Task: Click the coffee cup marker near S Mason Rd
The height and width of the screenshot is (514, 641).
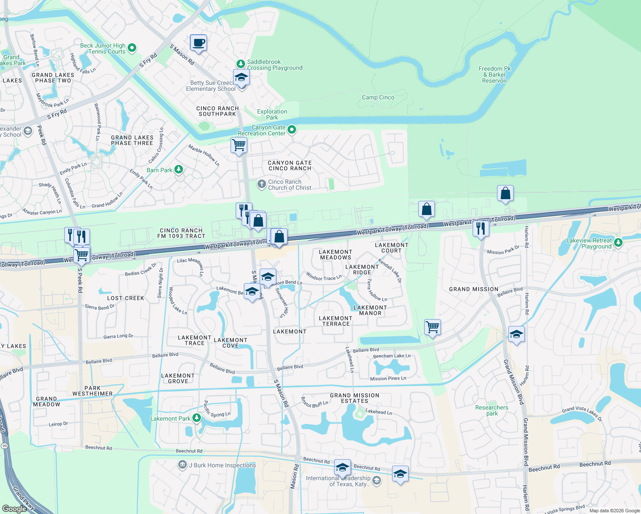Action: click(198, 43)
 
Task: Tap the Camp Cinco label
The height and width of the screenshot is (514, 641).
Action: click(378, 98)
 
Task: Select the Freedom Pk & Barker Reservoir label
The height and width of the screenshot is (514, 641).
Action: click(494, 75)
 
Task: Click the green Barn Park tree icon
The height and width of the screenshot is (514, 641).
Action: click(179, 170)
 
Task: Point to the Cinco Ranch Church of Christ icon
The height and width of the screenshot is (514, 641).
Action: click(261, 184)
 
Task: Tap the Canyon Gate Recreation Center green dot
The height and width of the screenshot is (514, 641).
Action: click(292, 129)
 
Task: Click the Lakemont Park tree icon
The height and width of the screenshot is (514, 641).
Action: click(197, 418)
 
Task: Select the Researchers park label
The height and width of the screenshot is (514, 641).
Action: click(491, 410)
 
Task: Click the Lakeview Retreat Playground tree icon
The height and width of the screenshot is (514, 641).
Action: click(618, 243)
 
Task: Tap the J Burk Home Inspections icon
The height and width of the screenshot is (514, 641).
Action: click(183, 465)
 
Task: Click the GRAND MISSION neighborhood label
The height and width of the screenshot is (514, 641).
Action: click(473, 290)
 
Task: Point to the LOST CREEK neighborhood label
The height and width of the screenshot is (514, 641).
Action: click(126, 298)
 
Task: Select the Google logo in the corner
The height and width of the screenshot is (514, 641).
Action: click(14, 508)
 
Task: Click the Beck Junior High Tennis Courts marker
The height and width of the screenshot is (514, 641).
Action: click(132, 48)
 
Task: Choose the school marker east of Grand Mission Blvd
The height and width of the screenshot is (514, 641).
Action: click(516, 335)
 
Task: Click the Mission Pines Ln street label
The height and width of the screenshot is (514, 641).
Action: click(388, 379)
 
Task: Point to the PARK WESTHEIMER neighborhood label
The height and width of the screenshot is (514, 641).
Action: click(93, 391)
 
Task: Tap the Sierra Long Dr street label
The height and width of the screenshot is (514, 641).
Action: click(118, 336)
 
